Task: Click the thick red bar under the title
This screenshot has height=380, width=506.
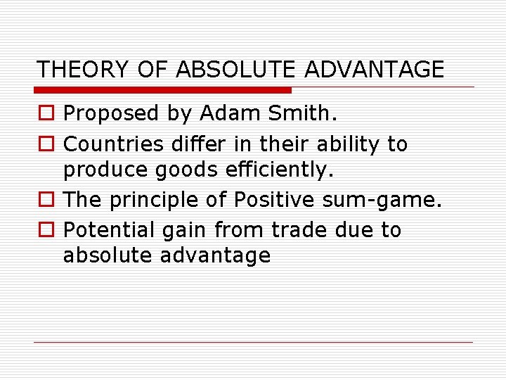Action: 163,90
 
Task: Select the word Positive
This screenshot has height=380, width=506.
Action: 275,200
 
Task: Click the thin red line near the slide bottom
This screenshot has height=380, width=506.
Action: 253,342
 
